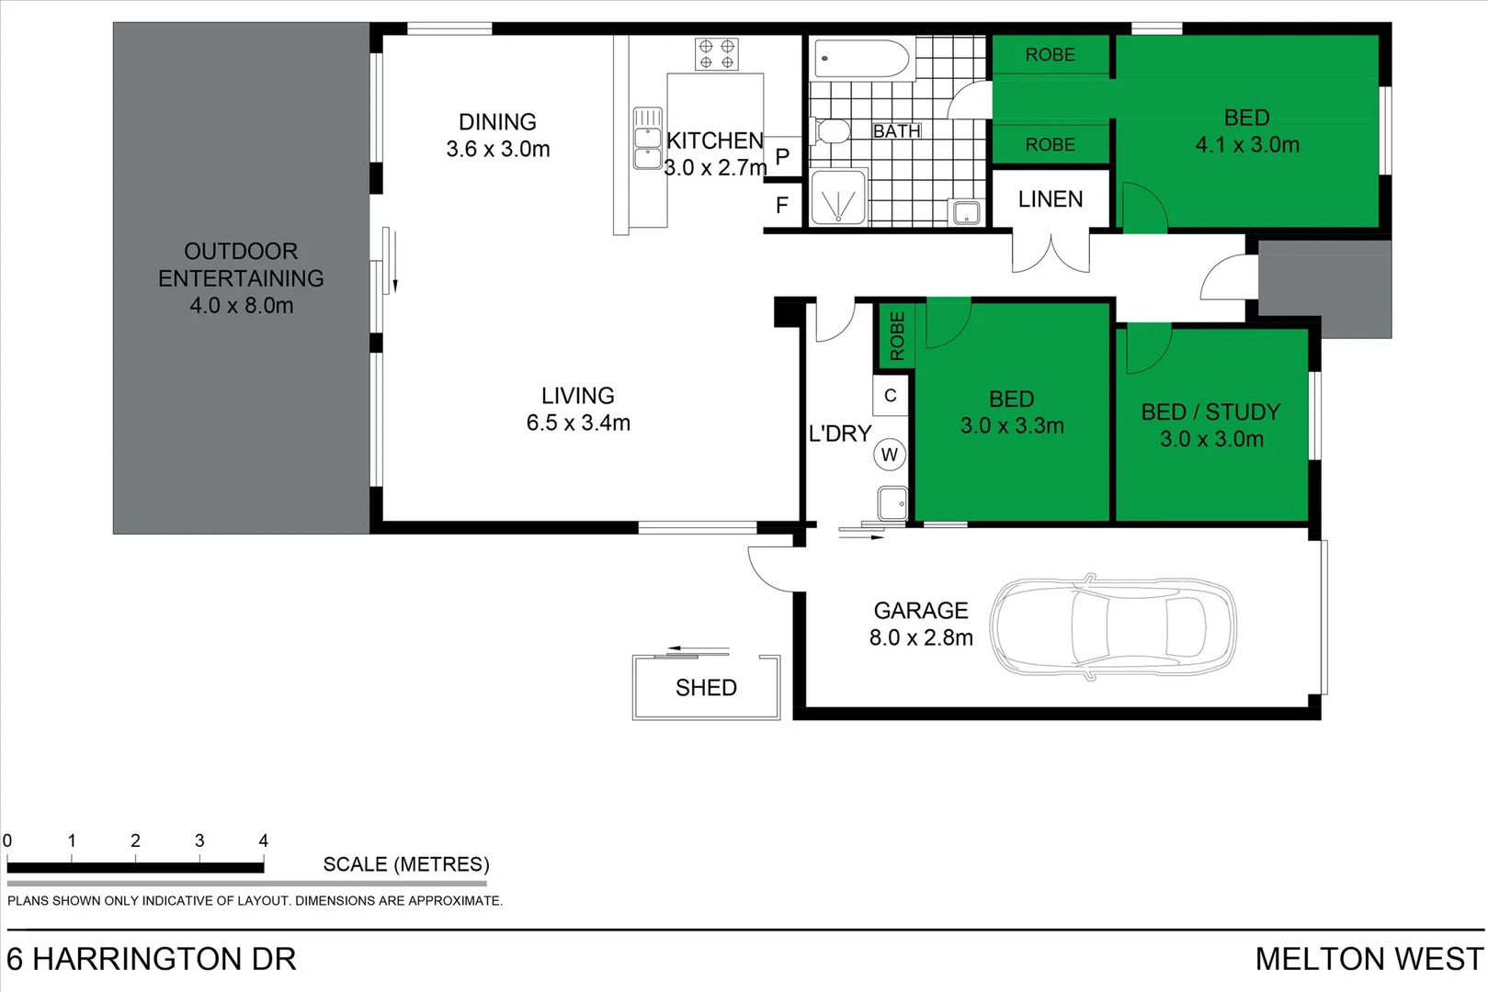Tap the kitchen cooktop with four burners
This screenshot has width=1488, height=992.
click(716, 54)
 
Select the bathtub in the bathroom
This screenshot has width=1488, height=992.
click(861, 59)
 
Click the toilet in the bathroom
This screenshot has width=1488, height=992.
click(832, 131)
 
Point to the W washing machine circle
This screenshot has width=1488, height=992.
click(889, 455)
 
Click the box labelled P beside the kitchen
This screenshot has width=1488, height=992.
click(782, 156)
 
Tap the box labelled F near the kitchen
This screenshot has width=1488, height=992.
click(782, 205)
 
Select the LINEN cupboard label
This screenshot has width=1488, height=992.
click(1050, 199)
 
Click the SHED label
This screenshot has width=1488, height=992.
click(706, 688)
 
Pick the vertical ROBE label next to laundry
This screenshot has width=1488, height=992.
click(897, 335)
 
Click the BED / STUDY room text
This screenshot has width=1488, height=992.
click(1210, 412)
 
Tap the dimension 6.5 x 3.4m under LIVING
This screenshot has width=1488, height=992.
click(578, 423)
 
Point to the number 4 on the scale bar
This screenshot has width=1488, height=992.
click(264, 840)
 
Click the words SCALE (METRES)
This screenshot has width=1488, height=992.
click(406, 864)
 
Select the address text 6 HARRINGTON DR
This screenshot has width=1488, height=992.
click(152, 959)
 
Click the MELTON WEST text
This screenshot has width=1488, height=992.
click(1369, 959)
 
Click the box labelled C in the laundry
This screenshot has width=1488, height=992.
click(890, 396)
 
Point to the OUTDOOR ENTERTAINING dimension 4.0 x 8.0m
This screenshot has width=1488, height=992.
click(241, 306)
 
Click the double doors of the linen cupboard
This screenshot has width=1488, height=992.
click(1051, 254)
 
